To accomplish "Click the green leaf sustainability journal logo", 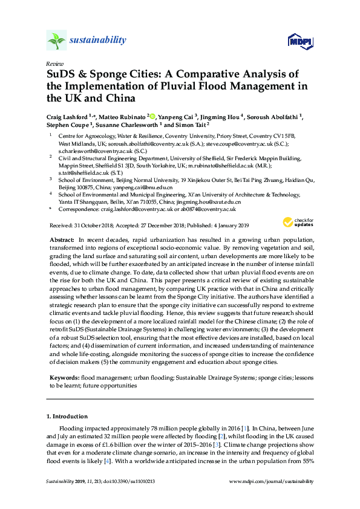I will (56, 41).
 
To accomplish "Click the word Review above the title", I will (53, 63).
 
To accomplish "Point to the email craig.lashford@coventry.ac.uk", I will (141, 209).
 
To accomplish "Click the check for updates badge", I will (301, 221).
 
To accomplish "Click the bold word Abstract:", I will (62, 240).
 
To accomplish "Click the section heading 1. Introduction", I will (67, 417).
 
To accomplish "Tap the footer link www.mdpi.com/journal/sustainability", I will (272, 481).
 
